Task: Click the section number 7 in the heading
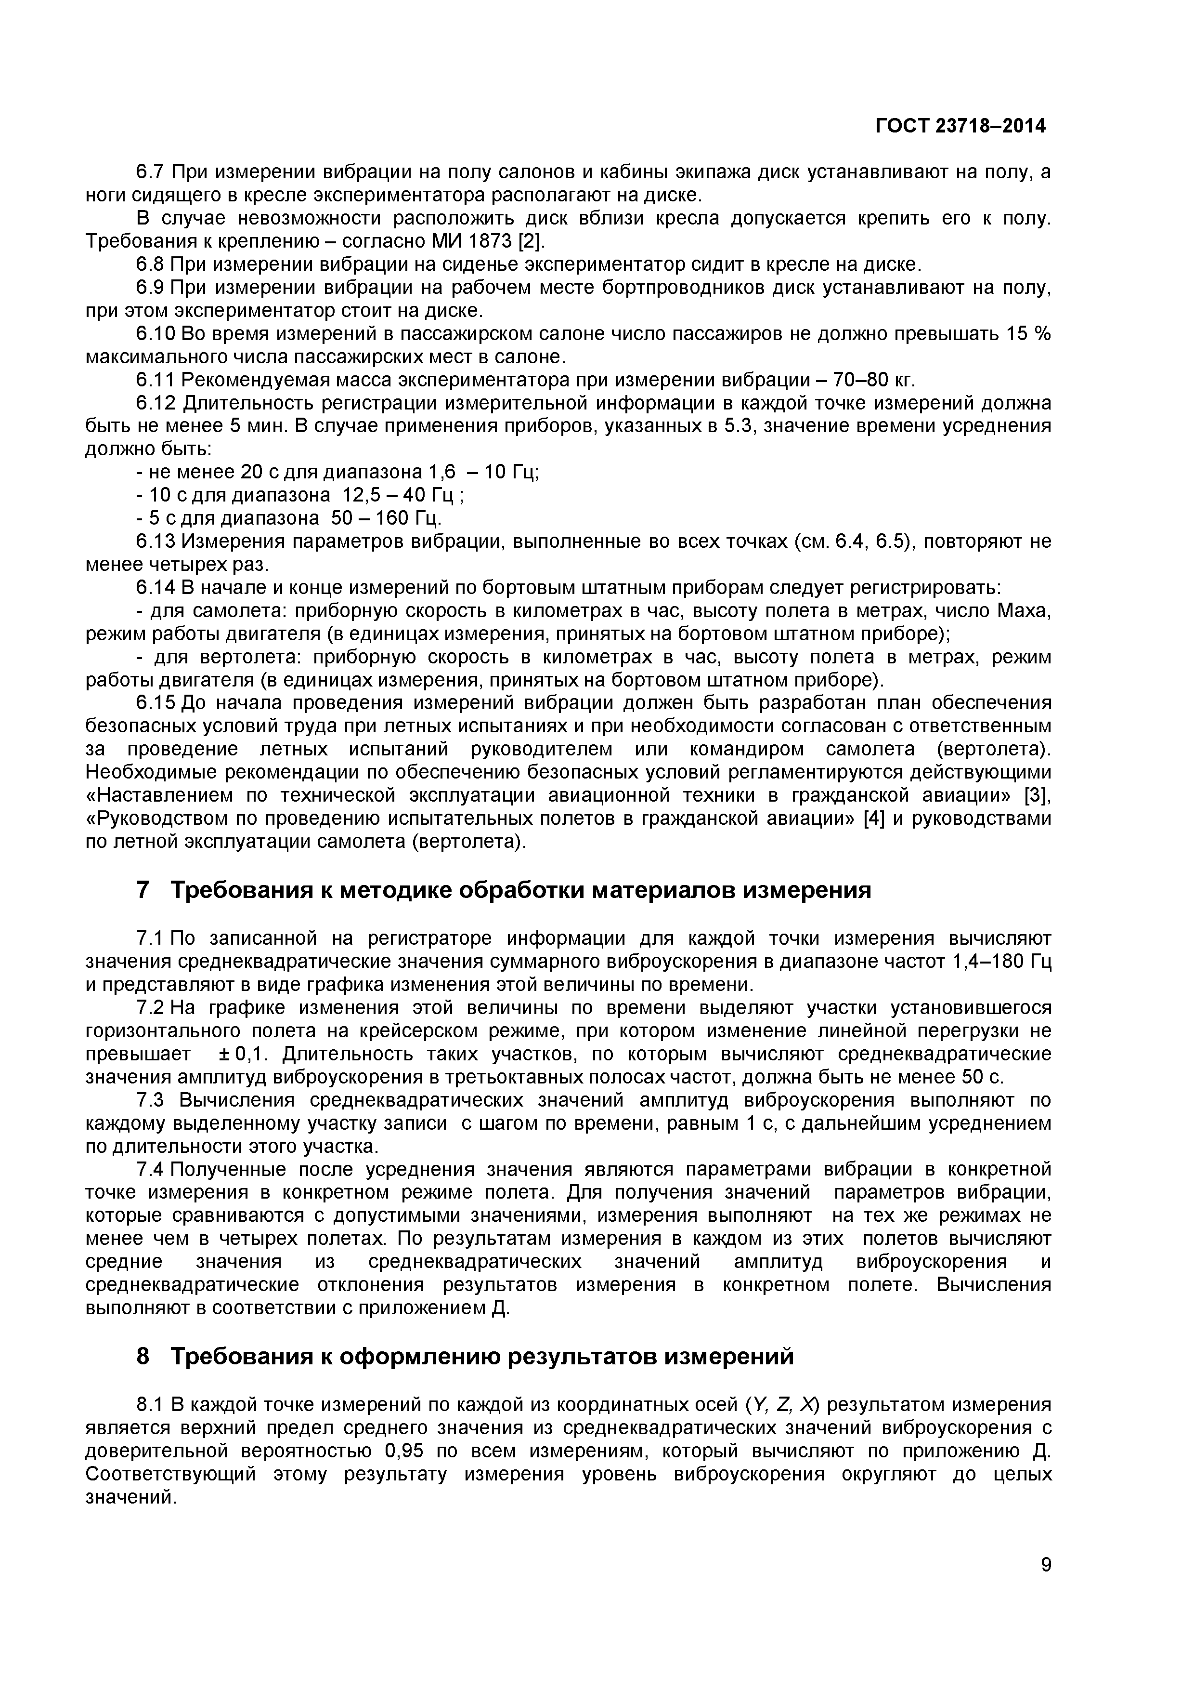(143, 891)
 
